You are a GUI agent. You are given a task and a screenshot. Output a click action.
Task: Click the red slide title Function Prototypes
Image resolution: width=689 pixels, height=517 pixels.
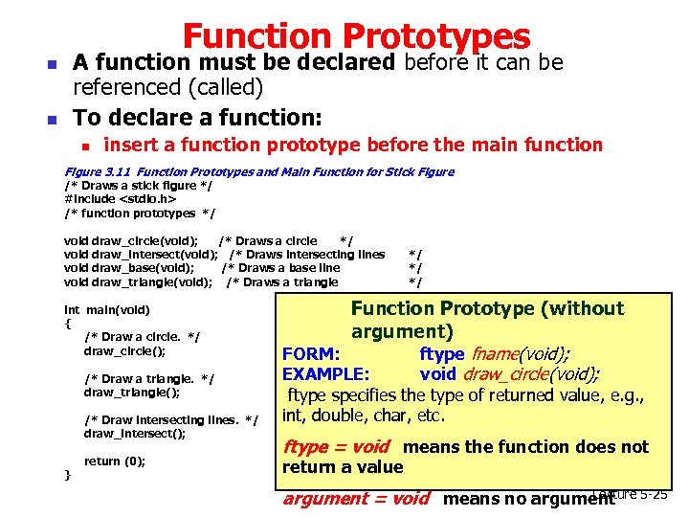tap(356, 36)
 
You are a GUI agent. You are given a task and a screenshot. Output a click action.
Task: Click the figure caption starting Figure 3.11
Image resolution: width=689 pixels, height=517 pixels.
tap(258, 171)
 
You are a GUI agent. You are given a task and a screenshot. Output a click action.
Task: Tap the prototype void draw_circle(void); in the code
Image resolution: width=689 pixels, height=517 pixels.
tap(131, 240)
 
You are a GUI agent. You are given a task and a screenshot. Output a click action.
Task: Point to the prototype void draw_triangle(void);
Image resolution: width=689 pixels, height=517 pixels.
tap(138, 281)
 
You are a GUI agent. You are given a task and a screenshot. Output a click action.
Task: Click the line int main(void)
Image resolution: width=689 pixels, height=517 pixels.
tap(106, 310)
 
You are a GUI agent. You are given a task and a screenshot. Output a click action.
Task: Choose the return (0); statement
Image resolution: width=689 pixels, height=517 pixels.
tap(115, 461)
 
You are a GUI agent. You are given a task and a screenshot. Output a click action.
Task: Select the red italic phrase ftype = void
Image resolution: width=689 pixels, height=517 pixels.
tap(336, 447)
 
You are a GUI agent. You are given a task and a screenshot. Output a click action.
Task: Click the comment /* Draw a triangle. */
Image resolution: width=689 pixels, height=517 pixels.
tap(149, 379)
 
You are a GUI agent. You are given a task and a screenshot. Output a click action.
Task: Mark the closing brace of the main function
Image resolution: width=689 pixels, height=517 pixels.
tap(67, 475)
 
